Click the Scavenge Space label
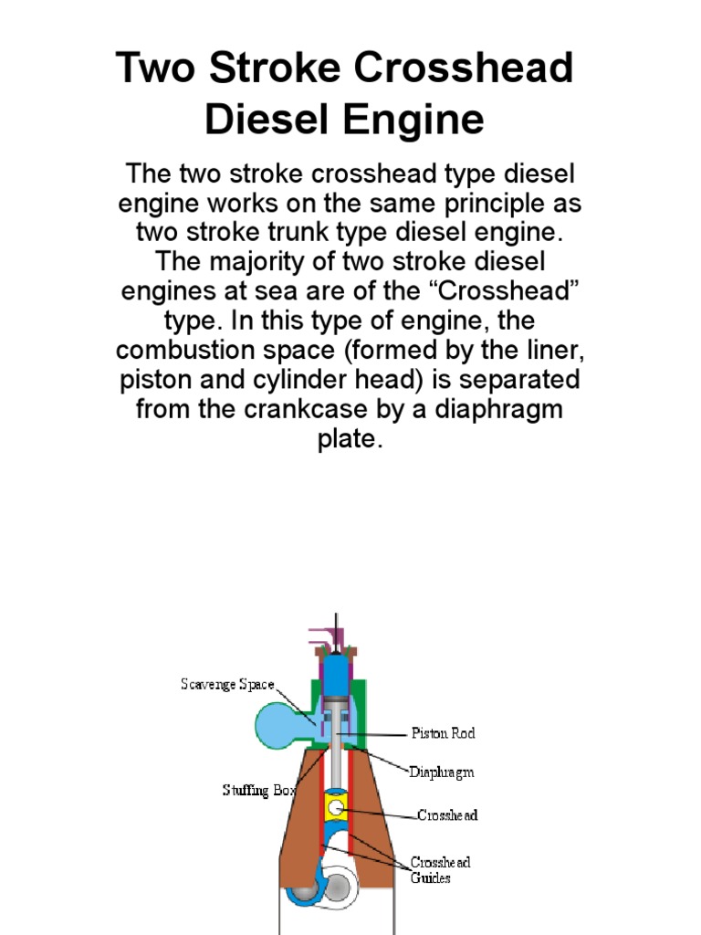pyautogui.click(x=226, y=685)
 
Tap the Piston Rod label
pyautogui.click(x=443, y=733)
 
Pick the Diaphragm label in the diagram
pyautogui.click(x=441, y=772)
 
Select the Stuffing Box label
pyautogui.click(x=259, y=791)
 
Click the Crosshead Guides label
pyautogui.click(x=440, y=869)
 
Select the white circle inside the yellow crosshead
pyautogui.click(x=339, y=808)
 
